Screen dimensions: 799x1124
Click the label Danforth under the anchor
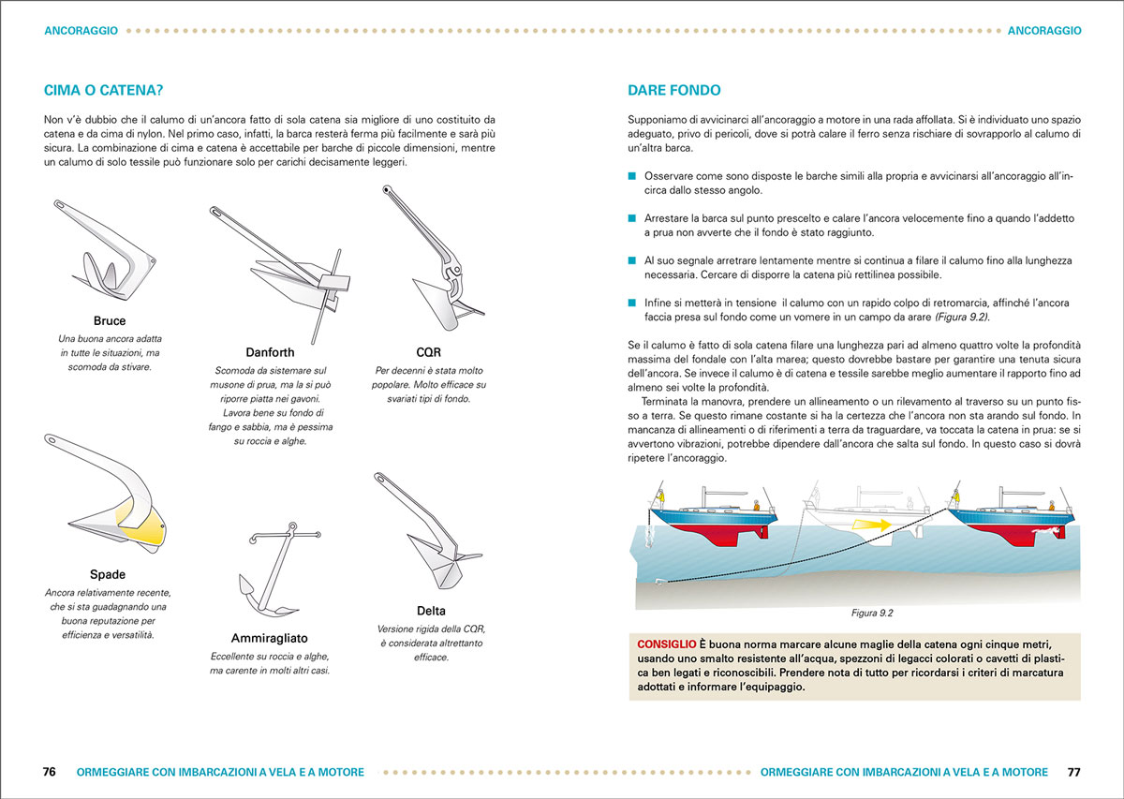(270, 353)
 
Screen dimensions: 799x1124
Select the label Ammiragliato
(270, 638)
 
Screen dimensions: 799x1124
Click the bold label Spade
(108, 574)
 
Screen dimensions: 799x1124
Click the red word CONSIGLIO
(666, 645)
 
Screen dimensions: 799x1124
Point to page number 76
(50, 773)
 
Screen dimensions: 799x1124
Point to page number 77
(1073, 773)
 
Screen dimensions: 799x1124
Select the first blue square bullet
(632, 176)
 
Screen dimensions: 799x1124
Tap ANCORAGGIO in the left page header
(81, 30)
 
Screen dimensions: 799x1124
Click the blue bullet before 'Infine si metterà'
(632, 303)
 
